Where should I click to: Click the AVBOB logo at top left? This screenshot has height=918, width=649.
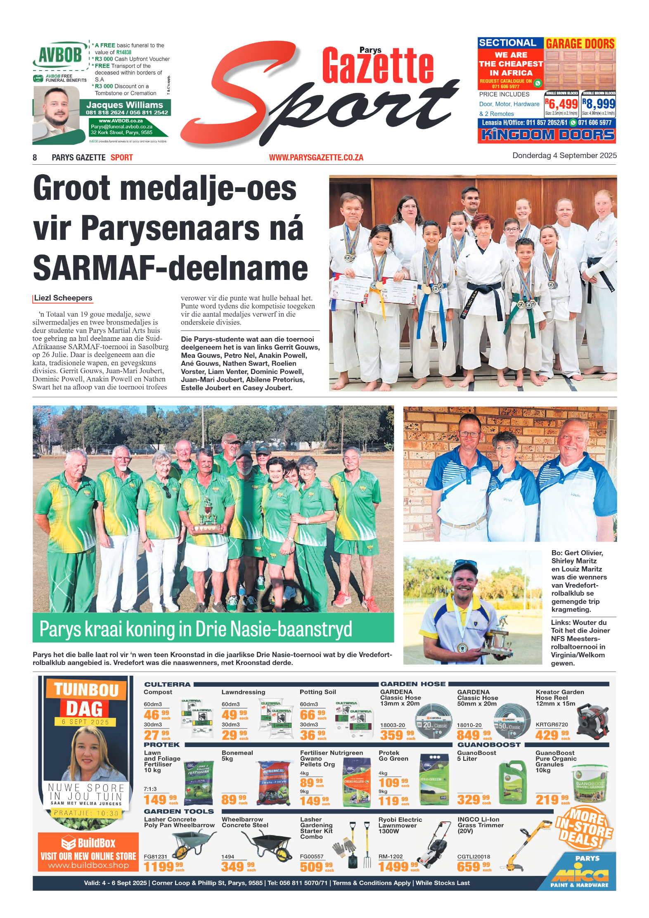coord(60,55)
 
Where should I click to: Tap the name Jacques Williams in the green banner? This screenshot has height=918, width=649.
coord(124,105)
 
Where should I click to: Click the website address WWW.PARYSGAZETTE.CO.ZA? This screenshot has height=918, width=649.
coord(316,157)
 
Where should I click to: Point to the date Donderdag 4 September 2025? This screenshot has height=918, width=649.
coord(564,156)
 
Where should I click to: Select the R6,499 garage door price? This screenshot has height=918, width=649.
coord(561,104)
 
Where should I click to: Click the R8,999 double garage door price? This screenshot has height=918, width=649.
coord(599,104)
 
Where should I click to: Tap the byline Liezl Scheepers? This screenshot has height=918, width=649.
coord(63,298)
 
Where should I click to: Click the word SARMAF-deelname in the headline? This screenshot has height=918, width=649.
coord(170,268)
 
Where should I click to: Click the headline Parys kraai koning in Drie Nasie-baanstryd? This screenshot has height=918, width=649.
coord(196,629)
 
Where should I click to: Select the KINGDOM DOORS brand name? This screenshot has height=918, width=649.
coord(547,135)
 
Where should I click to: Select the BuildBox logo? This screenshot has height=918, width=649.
coord(88,842)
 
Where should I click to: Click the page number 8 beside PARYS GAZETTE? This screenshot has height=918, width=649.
coord(35,157)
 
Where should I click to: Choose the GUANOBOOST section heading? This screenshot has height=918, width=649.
coord(489,745)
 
